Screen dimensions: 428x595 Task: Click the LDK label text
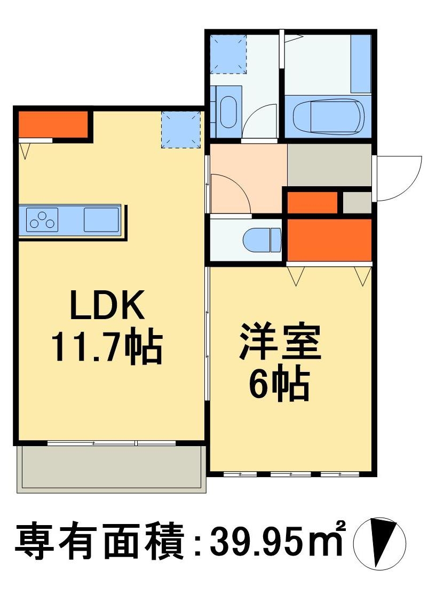click(107, 305)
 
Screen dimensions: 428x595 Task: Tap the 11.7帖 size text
click(107, 347)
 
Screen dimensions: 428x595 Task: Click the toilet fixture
click(262, 240)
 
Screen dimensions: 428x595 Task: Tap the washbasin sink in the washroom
click(228, 112)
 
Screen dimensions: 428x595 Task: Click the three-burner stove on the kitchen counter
click(42, 220)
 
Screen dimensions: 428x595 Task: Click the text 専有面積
click(100, 542)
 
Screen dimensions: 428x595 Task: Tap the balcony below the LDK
click(111, 469)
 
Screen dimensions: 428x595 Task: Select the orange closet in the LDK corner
click(53, 124)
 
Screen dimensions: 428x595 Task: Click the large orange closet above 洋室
click(329, 240)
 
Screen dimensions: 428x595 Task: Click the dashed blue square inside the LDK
click(180, 129)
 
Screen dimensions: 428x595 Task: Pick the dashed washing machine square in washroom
click(228, 54)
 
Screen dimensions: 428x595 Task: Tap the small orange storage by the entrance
click(312, 203)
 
